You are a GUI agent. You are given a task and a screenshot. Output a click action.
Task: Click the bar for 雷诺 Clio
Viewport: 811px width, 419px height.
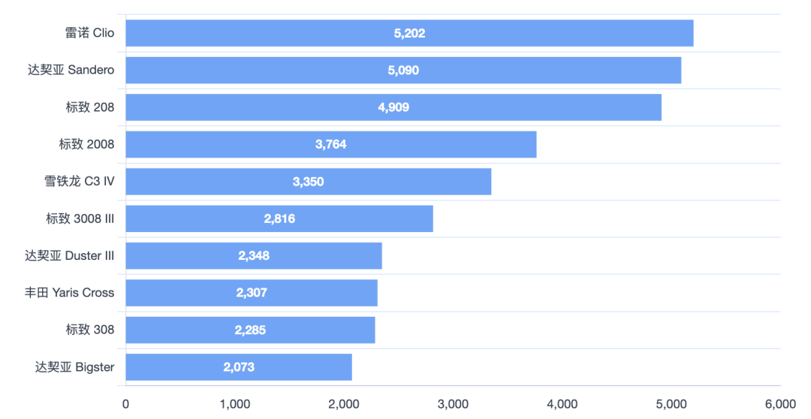pyautogui.click(x=409, y=33)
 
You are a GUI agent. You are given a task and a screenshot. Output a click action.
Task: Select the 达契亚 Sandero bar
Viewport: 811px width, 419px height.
pyautogui.click(x=403, y=70)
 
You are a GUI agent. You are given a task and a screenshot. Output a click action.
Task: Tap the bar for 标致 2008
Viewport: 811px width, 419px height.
pyautogui.click(x=330, y=144)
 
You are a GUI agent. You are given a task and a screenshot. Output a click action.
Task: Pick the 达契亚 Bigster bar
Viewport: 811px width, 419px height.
pyautogui.click(x=238, y=367)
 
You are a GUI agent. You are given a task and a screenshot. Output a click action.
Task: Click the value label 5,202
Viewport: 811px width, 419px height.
pyautogui.click(x=409, y=33)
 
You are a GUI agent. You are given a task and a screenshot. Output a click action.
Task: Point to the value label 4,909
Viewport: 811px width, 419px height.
pyautogui.click(x=393, y=107)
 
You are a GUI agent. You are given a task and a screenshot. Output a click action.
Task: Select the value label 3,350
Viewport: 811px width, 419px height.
pyautogui.click(x=308, y=182)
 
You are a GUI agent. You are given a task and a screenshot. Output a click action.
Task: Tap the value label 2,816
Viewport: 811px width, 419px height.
pyautogui.click(x=279, y=219)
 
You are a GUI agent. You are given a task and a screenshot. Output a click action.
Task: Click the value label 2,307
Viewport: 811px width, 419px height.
pyautogui.click(x=252, y=293)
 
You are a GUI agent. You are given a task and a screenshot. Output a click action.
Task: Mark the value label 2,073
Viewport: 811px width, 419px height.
pyautogui.click(x=239, y=367)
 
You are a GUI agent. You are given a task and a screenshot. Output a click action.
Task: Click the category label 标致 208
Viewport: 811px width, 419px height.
pyautogui.click(x=90, y=107)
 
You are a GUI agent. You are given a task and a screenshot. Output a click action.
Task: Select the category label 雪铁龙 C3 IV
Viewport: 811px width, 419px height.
pyautogui.click(x=80, y=182)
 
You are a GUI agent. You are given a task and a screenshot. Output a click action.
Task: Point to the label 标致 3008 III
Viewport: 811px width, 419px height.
pyautogui.click(x=80, y=219)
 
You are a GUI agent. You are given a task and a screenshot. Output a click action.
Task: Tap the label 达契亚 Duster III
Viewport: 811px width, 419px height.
pyautogui.click(x=70, y=256)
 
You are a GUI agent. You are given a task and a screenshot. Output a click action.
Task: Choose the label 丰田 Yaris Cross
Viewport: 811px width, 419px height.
pyautogui.click(x=70, y=293)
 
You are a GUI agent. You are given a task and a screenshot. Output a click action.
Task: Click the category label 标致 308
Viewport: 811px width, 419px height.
pyautogui.click(x=90, y=330)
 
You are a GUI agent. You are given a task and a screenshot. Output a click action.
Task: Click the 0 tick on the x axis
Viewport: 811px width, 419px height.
pyautogui.click(x=125, y=404)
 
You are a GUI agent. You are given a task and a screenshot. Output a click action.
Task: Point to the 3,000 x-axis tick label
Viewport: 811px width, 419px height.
pyautogui.click(x=453, y=404)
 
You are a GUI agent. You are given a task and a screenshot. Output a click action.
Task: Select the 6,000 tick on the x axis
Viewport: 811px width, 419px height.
pyautogui.click(x=780, y=404)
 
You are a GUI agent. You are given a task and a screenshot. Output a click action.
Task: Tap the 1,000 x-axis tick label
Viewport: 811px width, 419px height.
pyautogui.click(x=234, y=404)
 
